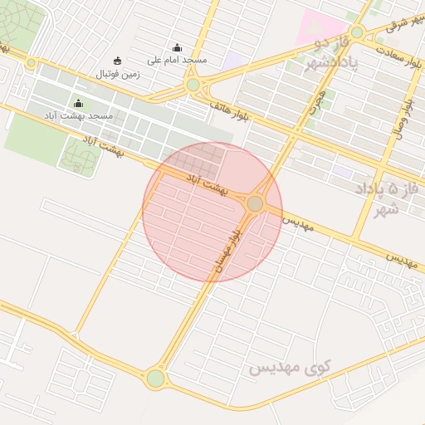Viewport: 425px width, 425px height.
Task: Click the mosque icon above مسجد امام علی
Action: coord(176,47)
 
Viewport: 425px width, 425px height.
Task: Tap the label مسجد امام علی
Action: coord(177,61)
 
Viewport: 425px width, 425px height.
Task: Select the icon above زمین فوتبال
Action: coord(116,61)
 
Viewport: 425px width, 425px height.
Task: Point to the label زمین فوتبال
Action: coord(120,74)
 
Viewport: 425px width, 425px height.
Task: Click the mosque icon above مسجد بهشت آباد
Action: coord(79,103)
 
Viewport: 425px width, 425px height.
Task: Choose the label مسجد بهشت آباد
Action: coord(79,115)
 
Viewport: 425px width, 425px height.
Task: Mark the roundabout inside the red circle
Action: coord(256,203)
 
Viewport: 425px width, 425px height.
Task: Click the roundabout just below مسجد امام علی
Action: coord(193,84)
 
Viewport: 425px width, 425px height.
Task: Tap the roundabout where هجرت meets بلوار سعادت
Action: coord(357,32)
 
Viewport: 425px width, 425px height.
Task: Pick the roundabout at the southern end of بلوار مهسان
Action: coord(155,379)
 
